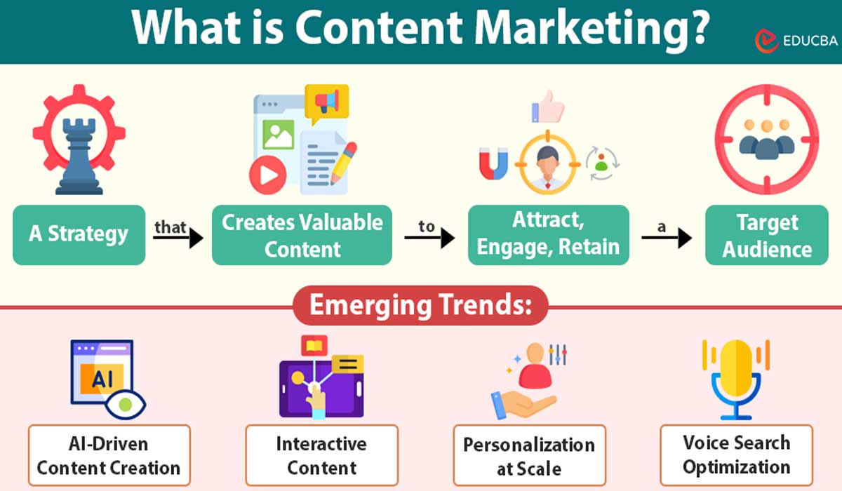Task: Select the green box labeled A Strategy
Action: coord(79,234)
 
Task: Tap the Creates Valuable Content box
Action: coord(302,235)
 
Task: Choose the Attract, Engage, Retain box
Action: coord(548,234)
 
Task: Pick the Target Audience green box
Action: coord(766,235)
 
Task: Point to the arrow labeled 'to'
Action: coord(429,238)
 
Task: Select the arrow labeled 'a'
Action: coord(666,238)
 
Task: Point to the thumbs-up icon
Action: coord(547,107)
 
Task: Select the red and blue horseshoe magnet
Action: coord(493,163)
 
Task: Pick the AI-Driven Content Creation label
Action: coord(109,456)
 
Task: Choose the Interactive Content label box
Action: coord(321,456)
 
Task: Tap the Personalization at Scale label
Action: coord(528,456)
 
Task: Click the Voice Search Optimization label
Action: coord(736,455)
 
